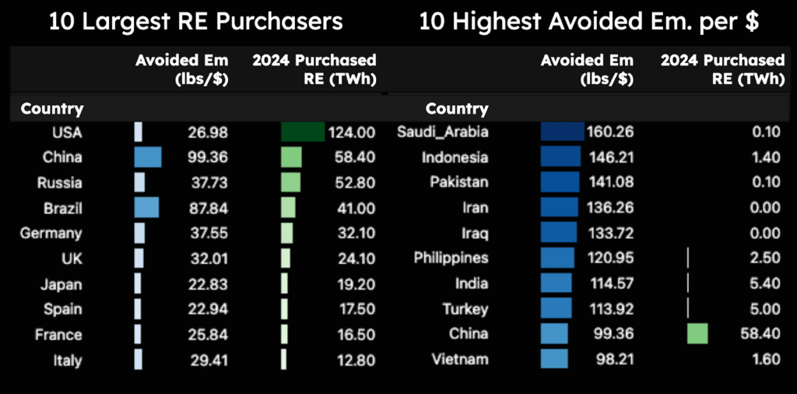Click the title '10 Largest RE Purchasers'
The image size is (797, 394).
(x=196, y=22)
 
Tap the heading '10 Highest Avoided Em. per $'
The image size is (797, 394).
(x=589, y=22)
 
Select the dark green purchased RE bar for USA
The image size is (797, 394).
(x=303, y=132)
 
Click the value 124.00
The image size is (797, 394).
(x=352, y=132)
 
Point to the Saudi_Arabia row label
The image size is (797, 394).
(x=443, y=132)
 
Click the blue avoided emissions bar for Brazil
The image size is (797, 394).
(x=146, y=208)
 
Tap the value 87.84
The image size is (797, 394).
(x=207, y=208)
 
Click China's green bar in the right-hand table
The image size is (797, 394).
(x=697, y=334)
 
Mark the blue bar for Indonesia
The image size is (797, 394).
(x=560, y=157)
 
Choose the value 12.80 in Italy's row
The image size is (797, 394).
(x=355, y=361)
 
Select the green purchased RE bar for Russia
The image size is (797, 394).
(x=290, y=183)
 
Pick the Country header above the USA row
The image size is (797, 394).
(x=52, y=109)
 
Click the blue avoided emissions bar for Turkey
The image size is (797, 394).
(x=556, y=308)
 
